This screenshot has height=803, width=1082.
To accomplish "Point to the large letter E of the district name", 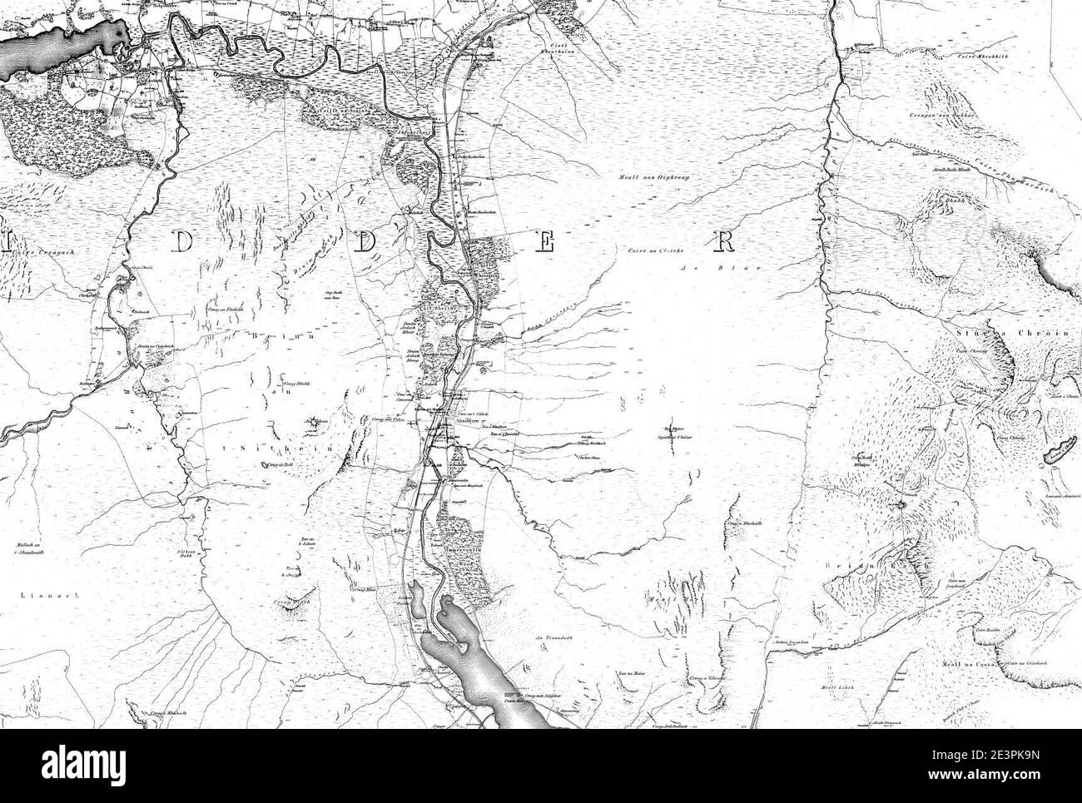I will (x=545, y=242).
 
